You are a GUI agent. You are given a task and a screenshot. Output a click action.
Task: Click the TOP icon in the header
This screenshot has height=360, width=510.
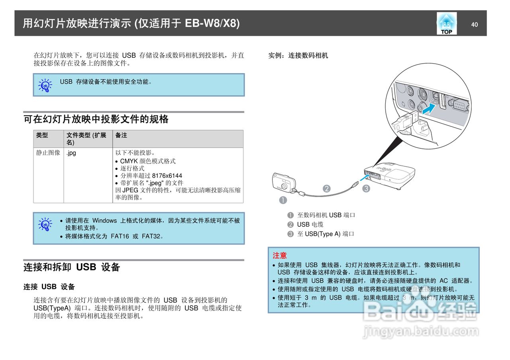[x=446, y=23]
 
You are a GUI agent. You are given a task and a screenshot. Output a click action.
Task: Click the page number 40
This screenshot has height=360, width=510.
[x=474, y=25]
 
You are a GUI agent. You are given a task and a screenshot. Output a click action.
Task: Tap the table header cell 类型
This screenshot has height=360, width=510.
[x=42, y=135]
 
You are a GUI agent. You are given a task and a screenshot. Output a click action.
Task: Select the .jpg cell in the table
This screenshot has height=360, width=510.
[x=71, y=153]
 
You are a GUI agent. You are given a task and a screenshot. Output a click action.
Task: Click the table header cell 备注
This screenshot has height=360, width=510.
[x=121, y=135]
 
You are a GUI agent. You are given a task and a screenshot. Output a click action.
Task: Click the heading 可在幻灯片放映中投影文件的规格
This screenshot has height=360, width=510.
[x=96, y=119]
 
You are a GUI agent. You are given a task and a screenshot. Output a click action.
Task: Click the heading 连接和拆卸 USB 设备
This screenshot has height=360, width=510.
[x=72, y=267]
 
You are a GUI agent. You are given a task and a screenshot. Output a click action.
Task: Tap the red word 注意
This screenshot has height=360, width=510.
[x=280, y=255]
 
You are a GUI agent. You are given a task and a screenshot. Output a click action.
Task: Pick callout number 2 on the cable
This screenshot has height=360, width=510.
[x=327, y=189]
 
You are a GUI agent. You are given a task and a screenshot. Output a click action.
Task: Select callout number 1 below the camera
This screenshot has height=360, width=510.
[x=283, y=200]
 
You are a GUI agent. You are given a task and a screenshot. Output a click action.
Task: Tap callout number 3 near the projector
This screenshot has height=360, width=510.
[x=366, y=189]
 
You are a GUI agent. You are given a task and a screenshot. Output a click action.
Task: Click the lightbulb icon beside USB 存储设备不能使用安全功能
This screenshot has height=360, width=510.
[x=45, y=85]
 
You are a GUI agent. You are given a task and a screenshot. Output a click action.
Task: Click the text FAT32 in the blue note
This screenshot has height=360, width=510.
[x=152, y=236]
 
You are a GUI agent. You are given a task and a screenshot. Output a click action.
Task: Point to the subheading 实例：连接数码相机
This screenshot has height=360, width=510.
[x=298, y=56]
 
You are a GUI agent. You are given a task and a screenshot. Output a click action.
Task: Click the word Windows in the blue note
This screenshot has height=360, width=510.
[x=104, y=220]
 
